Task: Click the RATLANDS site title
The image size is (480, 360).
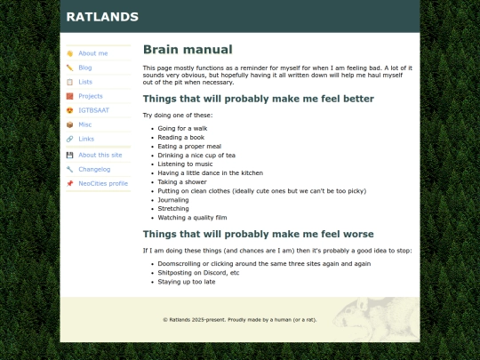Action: tap(102, 16)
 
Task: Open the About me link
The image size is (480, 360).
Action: tap(92, 53)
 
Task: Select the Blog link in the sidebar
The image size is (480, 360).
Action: tap(84, 68)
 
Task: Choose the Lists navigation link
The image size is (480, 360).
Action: tap(84, 82)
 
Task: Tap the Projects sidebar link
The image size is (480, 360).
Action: tap(90, 96)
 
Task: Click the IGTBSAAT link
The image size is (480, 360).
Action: tap(93, 110)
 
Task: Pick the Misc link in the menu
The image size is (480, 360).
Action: tap(84, 124)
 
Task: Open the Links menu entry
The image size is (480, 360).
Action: tap(85, 139)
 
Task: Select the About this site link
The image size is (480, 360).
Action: tap(100, 155)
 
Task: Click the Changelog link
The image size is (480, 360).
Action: tap(93, 169)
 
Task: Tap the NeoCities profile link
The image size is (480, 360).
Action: tap(102, 183)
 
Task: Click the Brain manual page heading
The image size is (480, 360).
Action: tap(188, 50)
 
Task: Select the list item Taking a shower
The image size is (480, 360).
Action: tap(182, 180)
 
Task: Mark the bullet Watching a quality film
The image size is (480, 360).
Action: tap(192, 218)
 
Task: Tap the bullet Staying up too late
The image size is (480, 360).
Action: tap(186, 282)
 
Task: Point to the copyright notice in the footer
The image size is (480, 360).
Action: tap(239, 319)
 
